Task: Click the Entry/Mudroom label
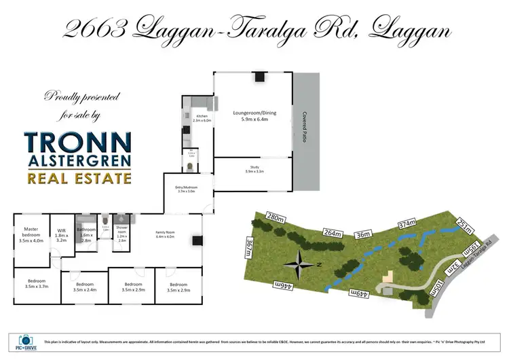187,190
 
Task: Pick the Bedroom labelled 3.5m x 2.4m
84,287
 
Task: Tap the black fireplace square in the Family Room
196,238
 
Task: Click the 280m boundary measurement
276,217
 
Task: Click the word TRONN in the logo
77,143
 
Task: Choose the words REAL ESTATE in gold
77,179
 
